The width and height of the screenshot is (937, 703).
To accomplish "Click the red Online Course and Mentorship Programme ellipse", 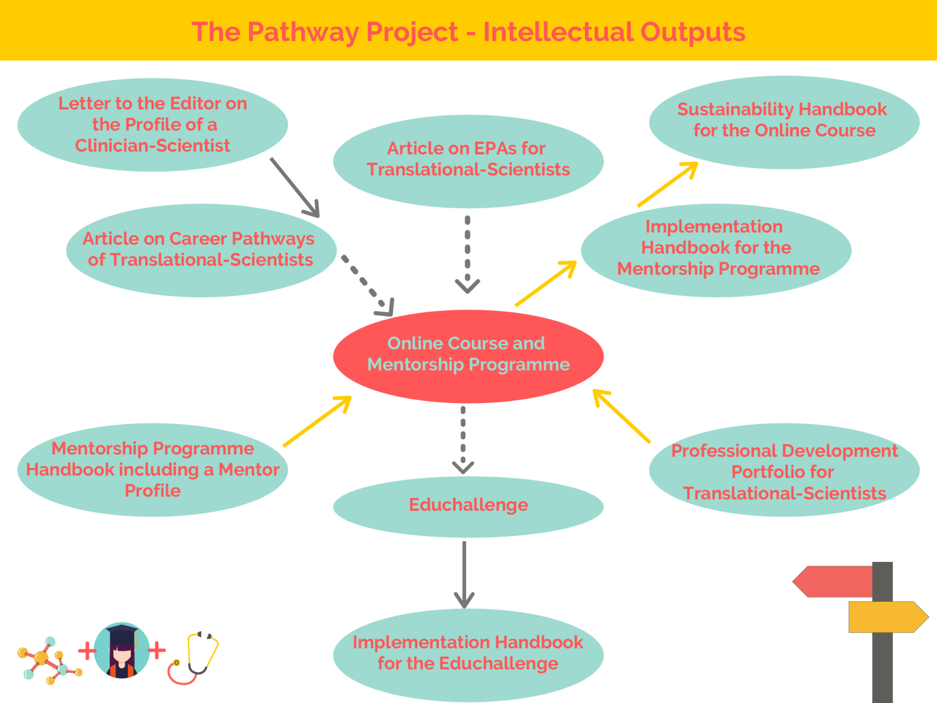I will pos(468,356).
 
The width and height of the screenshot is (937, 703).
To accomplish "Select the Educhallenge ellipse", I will pos(468,506).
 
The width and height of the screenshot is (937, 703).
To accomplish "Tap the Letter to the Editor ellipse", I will pos(152,125).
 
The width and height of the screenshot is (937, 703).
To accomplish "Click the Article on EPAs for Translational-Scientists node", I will pos(468,160).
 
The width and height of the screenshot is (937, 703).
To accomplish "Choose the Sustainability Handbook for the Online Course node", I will pos(784,122).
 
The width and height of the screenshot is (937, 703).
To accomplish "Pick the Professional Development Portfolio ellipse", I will pos(784,471).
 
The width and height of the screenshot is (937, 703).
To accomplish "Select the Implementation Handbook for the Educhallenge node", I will pos(468,654).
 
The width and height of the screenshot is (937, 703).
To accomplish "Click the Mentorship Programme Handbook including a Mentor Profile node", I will pos(152,470).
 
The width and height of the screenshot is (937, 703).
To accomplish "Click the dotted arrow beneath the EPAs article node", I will pos(467,254).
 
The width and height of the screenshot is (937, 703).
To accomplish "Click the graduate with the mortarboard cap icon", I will pos(122,650).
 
